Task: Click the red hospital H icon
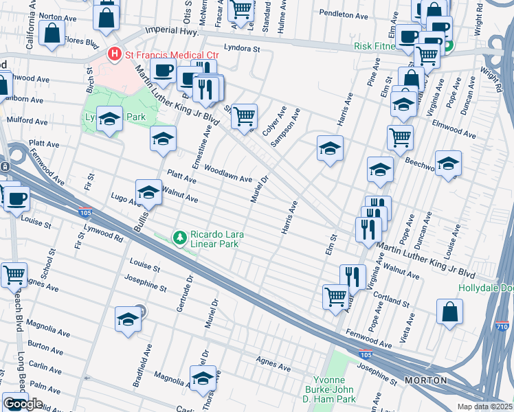point(115,53)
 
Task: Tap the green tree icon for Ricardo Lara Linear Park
point(180,238)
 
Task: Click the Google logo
point(23,404)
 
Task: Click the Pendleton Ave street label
point(344,14)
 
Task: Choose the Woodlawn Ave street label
point(228,173)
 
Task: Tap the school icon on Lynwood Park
point(109,121)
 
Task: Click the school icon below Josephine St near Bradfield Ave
point(128,319)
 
